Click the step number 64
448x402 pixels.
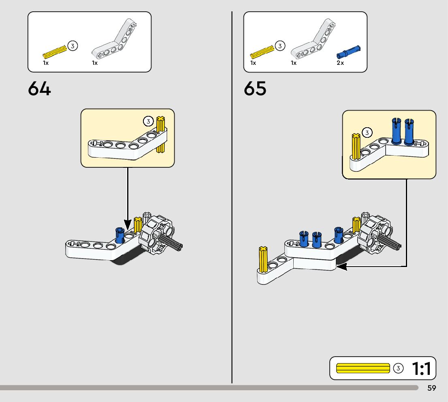point(40,89)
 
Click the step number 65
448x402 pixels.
point(255,89)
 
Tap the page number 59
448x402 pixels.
point(431,388)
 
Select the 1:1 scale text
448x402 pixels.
point(422,368)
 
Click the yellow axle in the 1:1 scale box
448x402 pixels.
point(363,368)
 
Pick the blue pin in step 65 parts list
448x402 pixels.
point(348,52)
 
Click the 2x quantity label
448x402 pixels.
point(340,63)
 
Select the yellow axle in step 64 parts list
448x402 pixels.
point(55,51)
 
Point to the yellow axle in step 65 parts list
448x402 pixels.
point(262,51)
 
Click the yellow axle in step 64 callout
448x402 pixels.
point(161,135)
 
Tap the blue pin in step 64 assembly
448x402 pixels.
point(119,235)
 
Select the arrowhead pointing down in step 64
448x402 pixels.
point(128,224)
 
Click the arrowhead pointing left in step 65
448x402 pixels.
point(341,266)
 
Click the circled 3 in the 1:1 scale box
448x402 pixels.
point(399,368)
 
